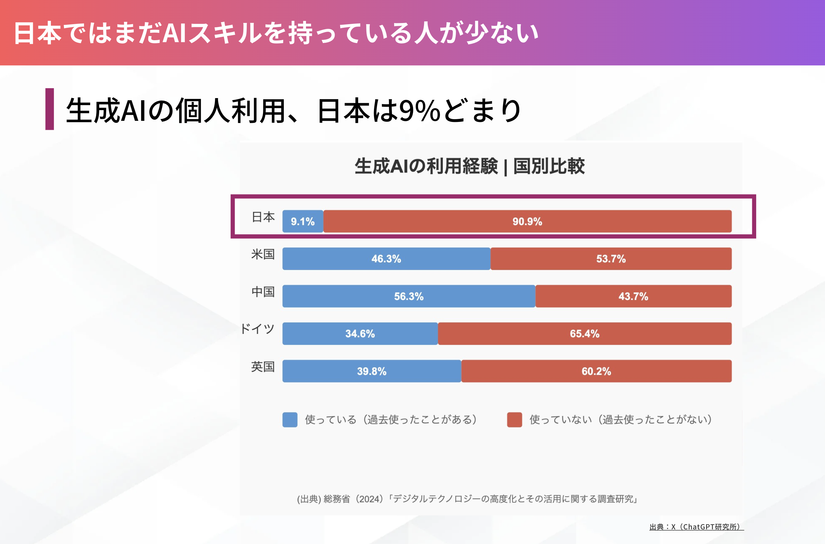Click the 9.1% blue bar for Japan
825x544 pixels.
pos(303,221)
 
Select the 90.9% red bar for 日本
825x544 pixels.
pos(527,221)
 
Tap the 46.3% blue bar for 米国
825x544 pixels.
pos(386,259)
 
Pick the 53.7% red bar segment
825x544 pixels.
pos(611,259)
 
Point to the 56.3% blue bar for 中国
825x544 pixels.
pos(409,296)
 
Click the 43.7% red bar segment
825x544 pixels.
pos(633,296)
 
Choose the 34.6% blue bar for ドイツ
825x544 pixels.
pos(360,334)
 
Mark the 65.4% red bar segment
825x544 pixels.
pos(585,334)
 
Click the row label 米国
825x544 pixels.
pos(263,254)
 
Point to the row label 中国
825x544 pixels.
pos(263,292)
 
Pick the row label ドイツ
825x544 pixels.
pos(257,328)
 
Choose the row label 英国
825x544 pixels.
pos(263,367)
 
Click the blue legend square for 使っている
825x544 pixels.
pos(290,420)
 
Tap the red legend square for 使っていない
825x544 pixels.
pos(515,420)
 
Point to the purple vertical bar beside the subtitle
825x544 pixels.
pos(50,109)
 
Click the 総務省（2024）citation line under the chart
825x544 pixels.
pos(467,499)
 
